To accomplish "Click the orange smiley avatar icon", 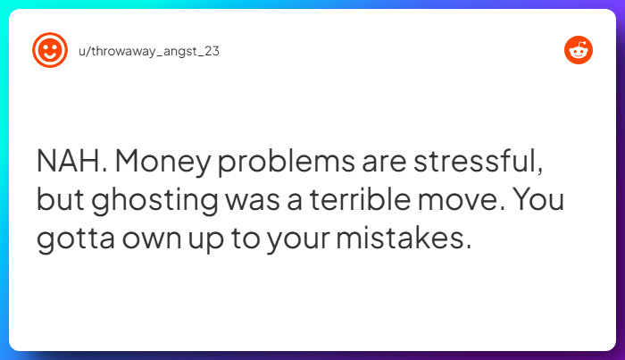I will tap(50, 51).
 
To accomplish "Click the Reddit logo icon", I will tap(579, 51).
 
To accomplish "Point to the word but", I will tap(59, 201).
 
